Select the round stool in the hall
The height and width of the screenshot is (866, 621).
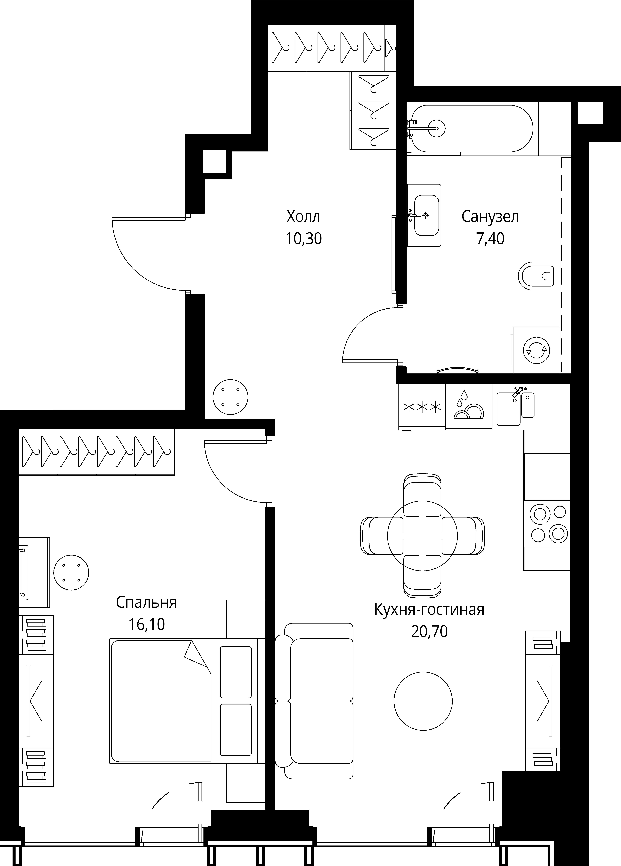(230, 397)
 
